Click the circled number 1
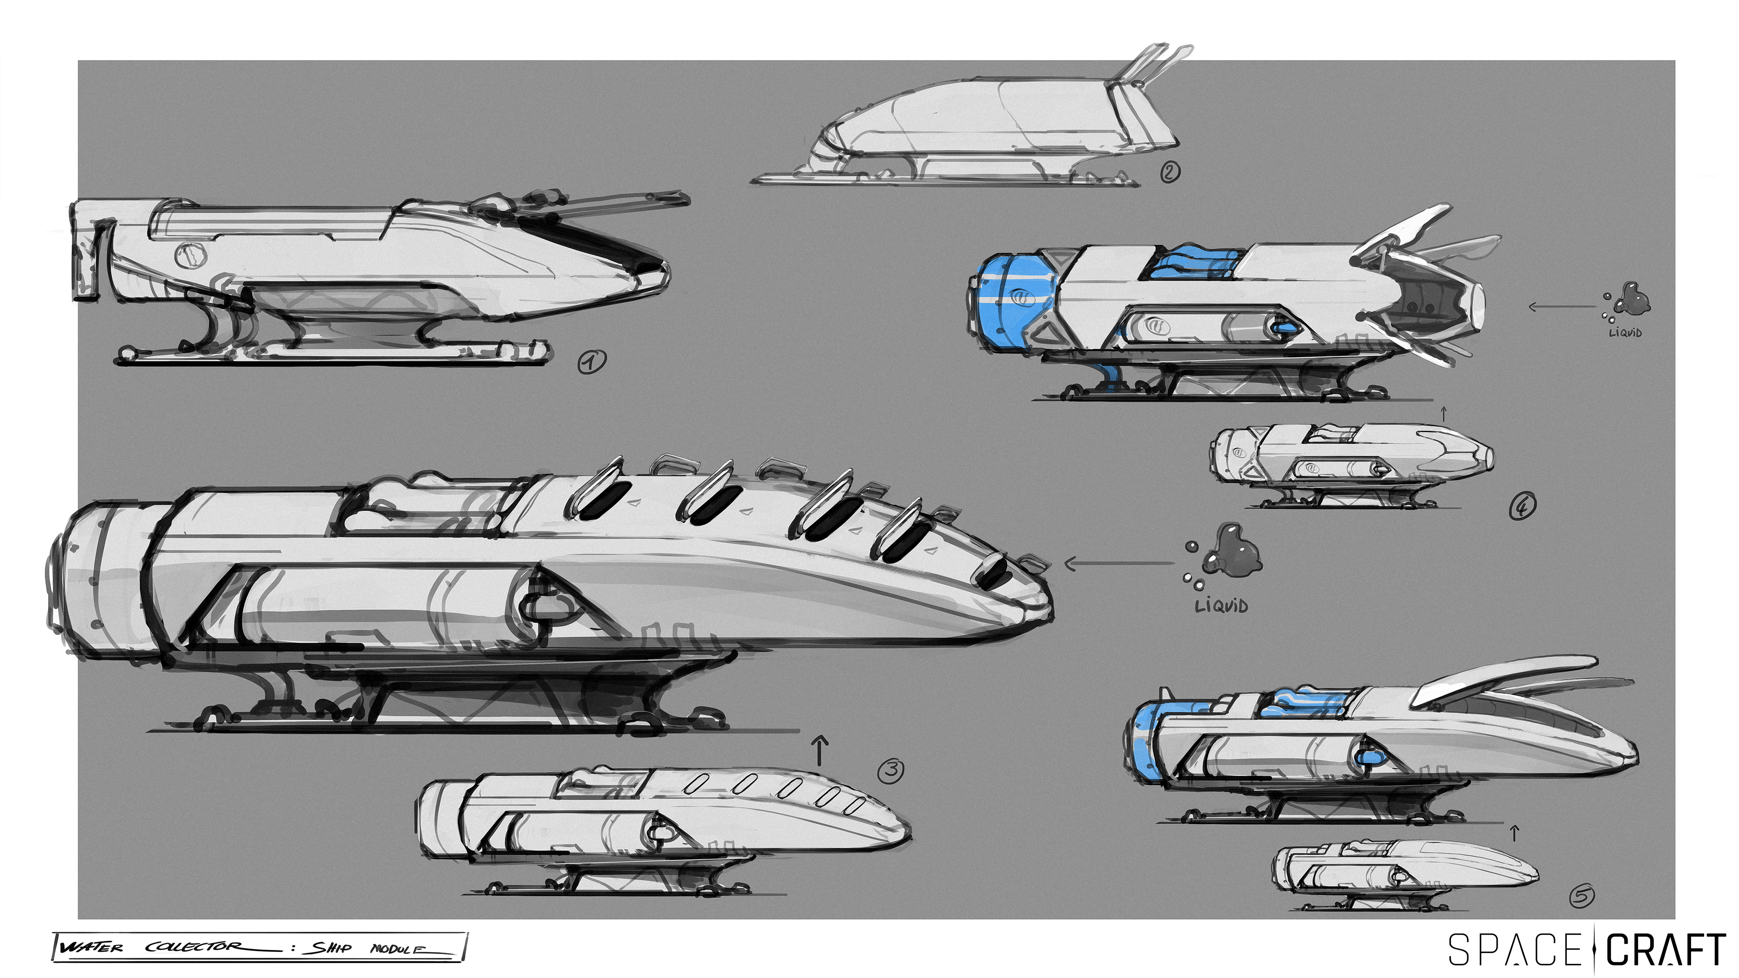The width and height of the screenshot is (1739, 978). point(592,362)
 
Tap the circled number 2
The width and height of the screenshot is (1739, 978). point(1170,172)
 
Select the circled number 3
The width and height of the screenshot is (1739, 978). point(891,770)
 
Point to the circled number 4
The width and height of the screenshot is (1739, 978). point(1522,506)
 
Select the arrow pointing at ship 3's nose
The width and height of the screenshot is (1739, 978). point(1119,563)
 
